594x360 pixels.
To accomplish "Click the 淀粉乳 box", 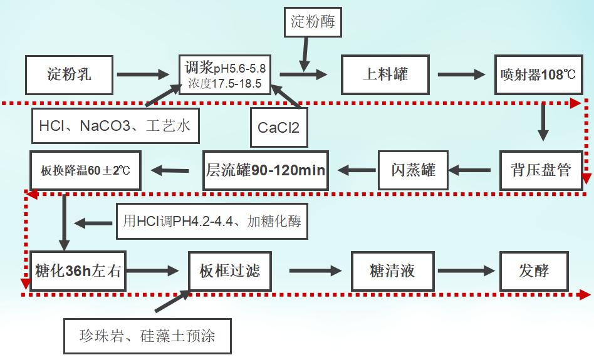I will coord(69,75).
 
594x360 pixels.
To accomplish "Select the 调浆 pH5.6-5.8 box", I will coord(224,75).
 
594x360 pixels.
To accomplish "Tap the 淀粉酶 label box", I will coord(313,22).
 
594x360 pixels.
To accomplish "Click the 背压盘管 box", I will coord(541,170).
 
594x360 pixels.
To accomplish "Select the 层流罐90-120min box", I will coord(266,170).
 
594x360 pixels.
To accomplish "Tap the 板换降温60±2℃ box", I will coord(86,170).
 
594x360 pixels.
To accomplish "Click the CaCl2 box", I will coord(278,127).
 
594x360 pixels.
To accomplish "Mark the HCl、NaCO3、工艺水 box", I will coord(115,125).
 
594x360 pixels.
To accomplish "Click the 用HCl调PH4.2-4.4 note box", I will coord(212,221).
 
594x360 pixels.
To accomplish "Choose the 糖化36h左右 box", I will coord(78,272).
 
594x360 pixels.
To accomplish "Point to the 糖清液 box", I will coord(392,272).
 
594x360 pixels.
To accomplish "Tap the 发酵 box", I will coord(534,272).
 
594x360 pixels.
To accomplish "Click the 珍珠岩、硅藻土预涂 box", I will coord(148,336).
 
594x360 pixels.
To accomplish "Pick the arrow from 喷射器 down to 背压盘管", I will coord(543,123).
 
